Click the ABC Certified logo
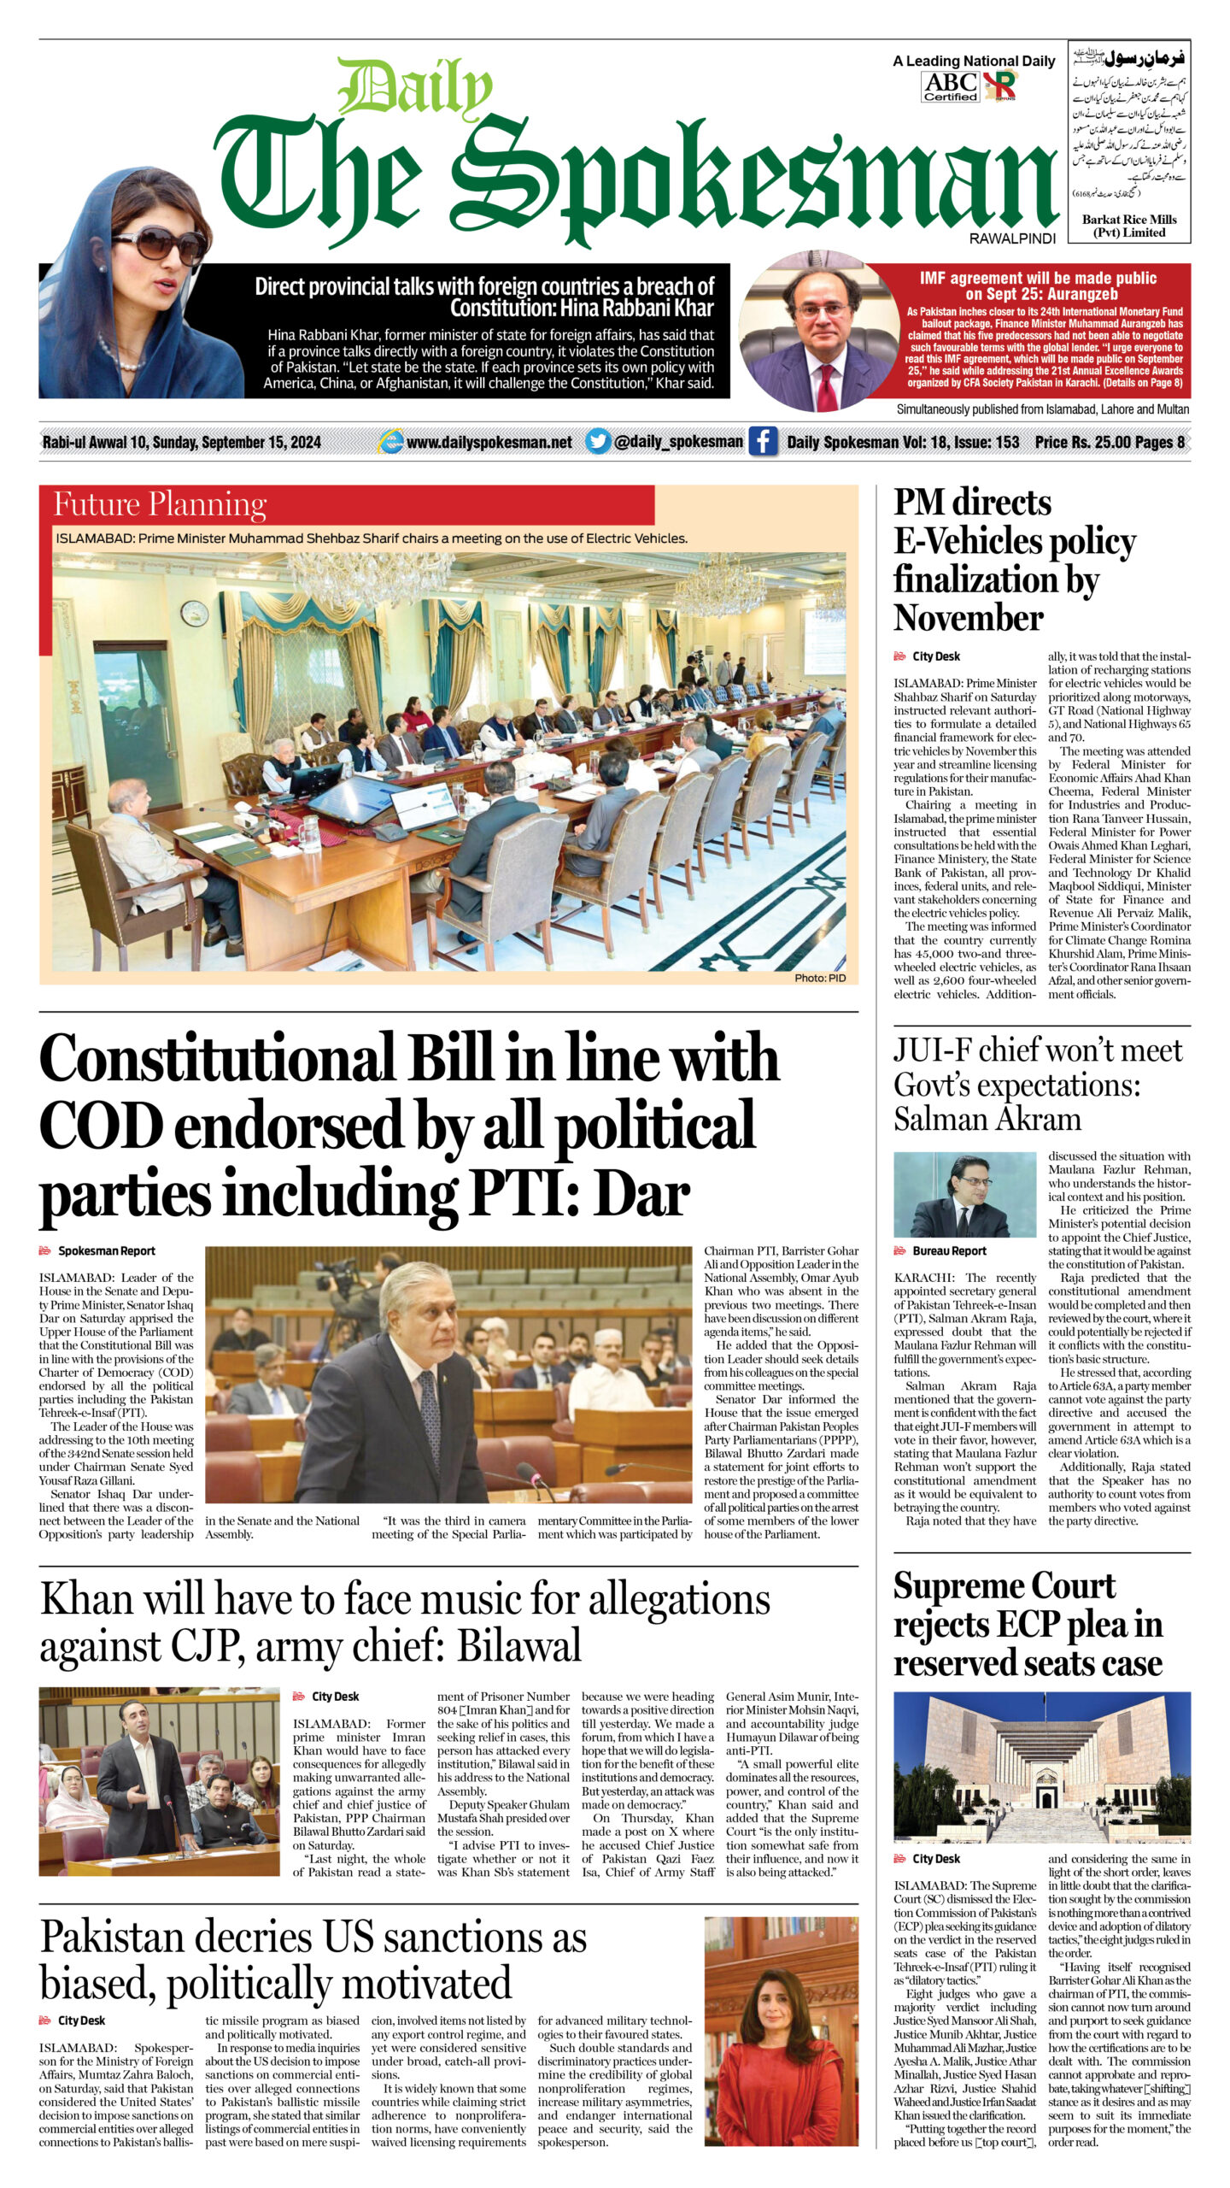(950, 86)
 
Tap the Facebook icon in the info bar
(762, 441)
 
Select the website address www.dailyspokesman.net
(489, 442)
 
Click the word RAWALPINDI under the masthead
(1012, 239)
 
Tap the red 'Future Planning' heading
(160, 504)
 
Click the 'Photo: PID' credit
(819, 978)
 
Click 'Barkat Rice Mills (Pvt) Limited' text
(1128, 226)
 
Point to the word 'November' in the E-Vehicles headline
(968, 617)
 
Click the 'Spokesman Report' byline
(106, 1250)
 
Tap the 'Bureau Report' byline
(949, 1250)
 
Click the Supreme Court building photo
(1041, 1766)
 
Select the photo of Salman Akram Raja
(963, 1194)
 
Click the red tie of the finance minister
(827, 379)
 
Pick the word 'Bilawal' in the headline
(519, 1645)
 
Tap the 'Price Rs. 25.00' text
(1081, 442)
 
